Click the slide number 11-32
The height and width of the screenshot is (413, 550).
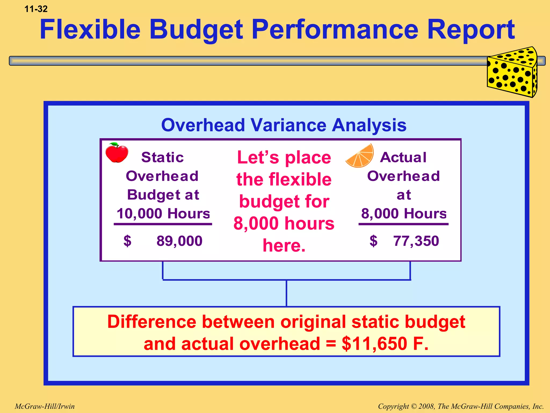36,9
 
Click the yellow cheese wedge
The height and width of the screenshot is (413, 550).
512,73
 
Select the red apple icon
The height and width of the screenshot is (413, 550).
117,153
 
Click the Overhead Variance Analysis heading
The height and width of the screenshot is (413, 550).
284,125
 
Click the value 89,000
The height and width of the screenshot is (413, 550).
179,241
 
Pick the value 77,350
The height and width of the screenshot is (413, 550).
416,241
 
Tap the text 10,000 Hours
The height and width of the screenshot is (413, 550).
163,213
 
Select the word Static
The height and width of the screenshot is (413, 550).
162,157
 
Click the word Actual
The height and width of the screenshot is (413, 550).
403,157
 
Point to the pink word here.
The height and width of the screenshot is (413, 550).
284,245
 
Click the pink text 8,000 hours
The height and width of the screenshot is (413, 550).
284,223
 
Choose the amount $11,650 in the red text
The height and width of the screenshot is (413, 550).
375,344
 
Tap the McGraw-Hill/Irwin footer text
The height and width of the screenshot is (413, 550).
45,406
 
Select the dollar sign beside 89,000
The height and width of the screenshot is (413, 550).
127,241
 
